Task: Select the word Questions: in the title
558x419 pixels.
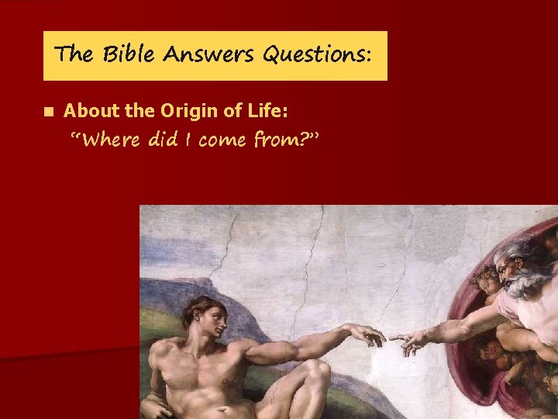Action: (318, 55)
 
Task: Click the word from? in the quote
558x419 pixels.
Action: (284, 140)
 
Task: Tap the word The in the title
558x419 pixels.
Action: (75, 55)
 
